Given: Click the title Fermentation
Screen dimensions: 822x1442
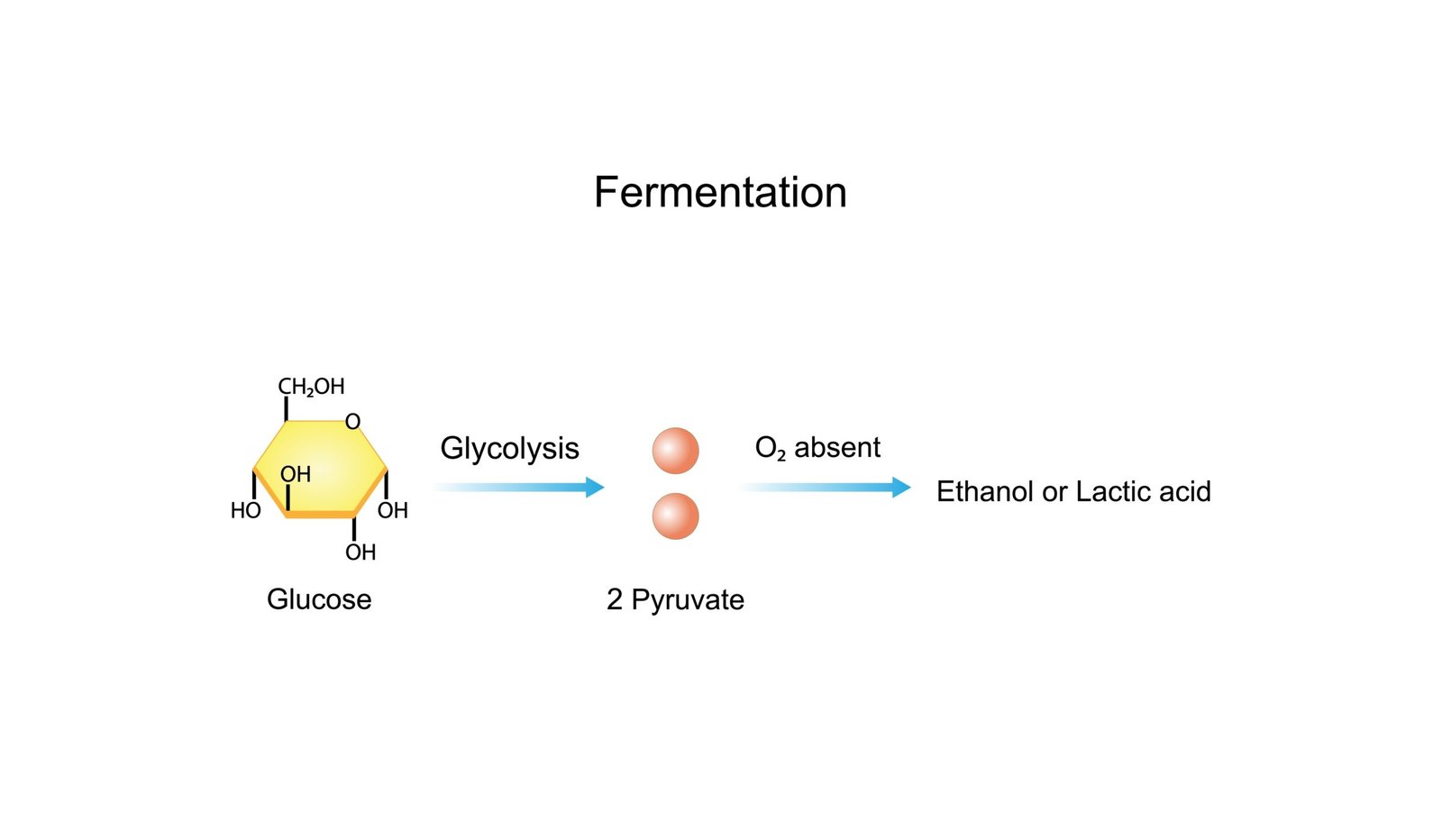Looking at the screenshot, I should tap(720, 192).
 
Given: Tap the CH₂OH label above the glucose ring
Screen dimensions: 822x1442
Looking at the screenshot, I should tap(311, 387).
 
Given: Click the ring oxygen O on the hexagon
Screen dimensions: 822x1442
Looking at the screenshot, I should tap(352, 422).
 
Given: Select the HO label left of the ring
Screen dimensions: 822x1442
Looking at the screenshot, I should tap(245, 511).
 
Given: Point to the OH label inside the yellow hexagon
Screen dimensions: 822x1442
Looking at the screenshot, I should tap(295, 474).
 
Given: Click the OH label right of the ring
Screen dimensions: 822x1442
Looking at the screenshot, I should tap(393, 511).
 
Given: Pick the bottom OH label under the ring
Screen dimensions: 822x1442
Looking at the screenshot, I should tap(360, 553).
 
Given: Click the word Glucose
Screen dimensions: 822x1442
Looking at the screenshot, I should tap(319, 599).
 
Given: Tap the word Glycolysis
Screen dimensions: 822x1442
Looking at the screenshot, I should tap(509, 448).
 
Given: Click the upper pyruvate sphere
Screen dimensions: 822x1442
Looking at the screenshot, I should tap(675, 451).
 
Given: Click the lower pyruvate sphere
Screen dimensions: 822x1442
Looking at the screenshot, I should tap(675, 516).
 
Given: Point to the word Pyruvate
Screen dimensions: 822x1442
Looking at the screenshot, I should tap(688, 599).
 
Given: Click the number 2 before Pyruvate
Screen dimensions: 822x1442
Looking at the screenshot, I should tap(615, 599).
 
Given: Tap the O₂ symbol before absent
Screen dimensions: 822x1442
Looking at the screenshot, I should tap(770, 448).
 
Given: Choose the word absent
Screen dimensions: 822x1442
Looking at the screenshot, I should tap(837, 447).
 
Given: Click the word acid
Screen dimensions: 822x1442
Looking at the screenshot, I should tap(1185, 491).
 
